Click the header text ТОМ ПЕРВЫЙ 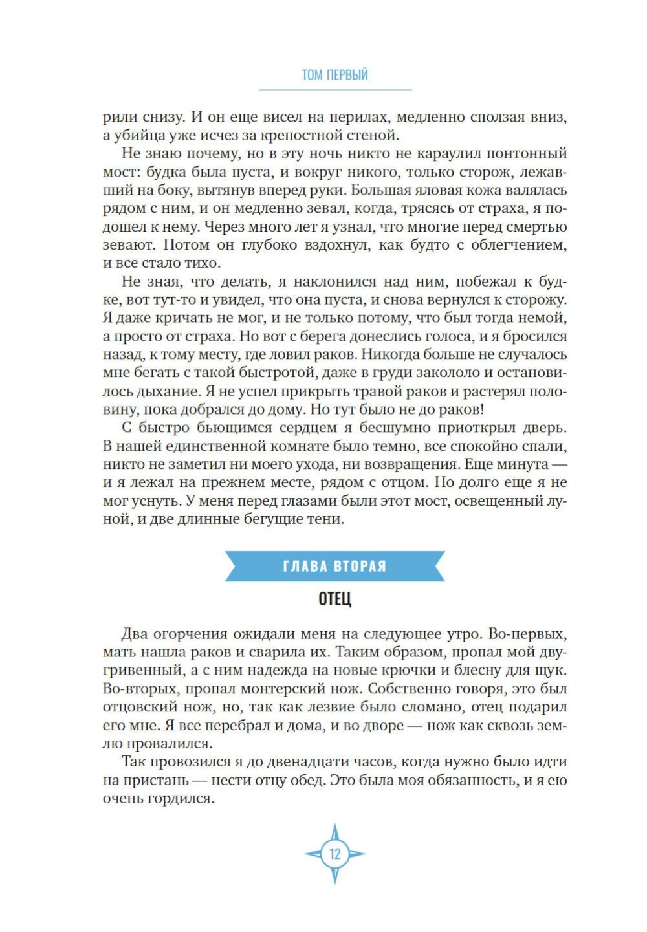[334, 75]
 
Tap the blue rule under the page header [334, 89]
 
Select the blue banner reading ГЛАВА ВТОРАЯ [334, 566]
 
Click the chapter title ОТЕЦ [334, 599]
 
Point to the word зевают [129, 245]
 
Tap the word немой [545, 318]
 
